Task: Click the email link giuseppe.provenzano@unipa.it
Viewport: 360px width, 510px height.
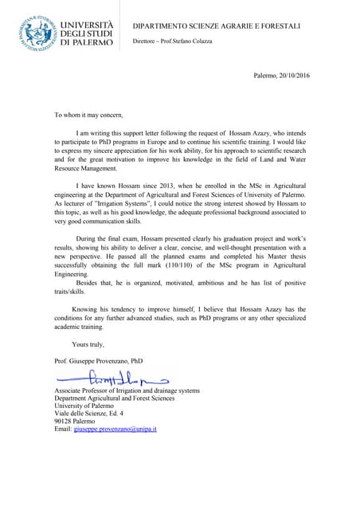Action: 115,430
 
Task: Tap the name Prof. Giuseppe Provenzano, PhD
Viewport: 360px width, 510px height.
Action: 98,360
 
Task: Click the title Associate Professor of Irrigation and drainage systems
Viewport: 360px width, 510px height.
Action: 126,391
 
